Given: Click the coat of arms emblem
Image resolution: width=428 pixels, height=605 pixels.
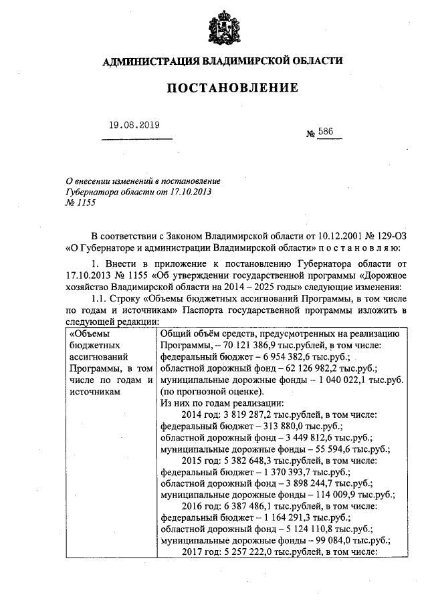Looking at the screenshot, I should pos(222,27).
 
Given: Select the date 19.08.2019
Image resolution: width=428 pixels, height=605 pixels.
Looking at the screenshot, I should pos(134,125).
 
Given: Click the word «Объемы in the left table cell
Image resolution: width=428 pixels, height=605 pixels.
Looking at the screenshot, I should pos(91,333).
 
